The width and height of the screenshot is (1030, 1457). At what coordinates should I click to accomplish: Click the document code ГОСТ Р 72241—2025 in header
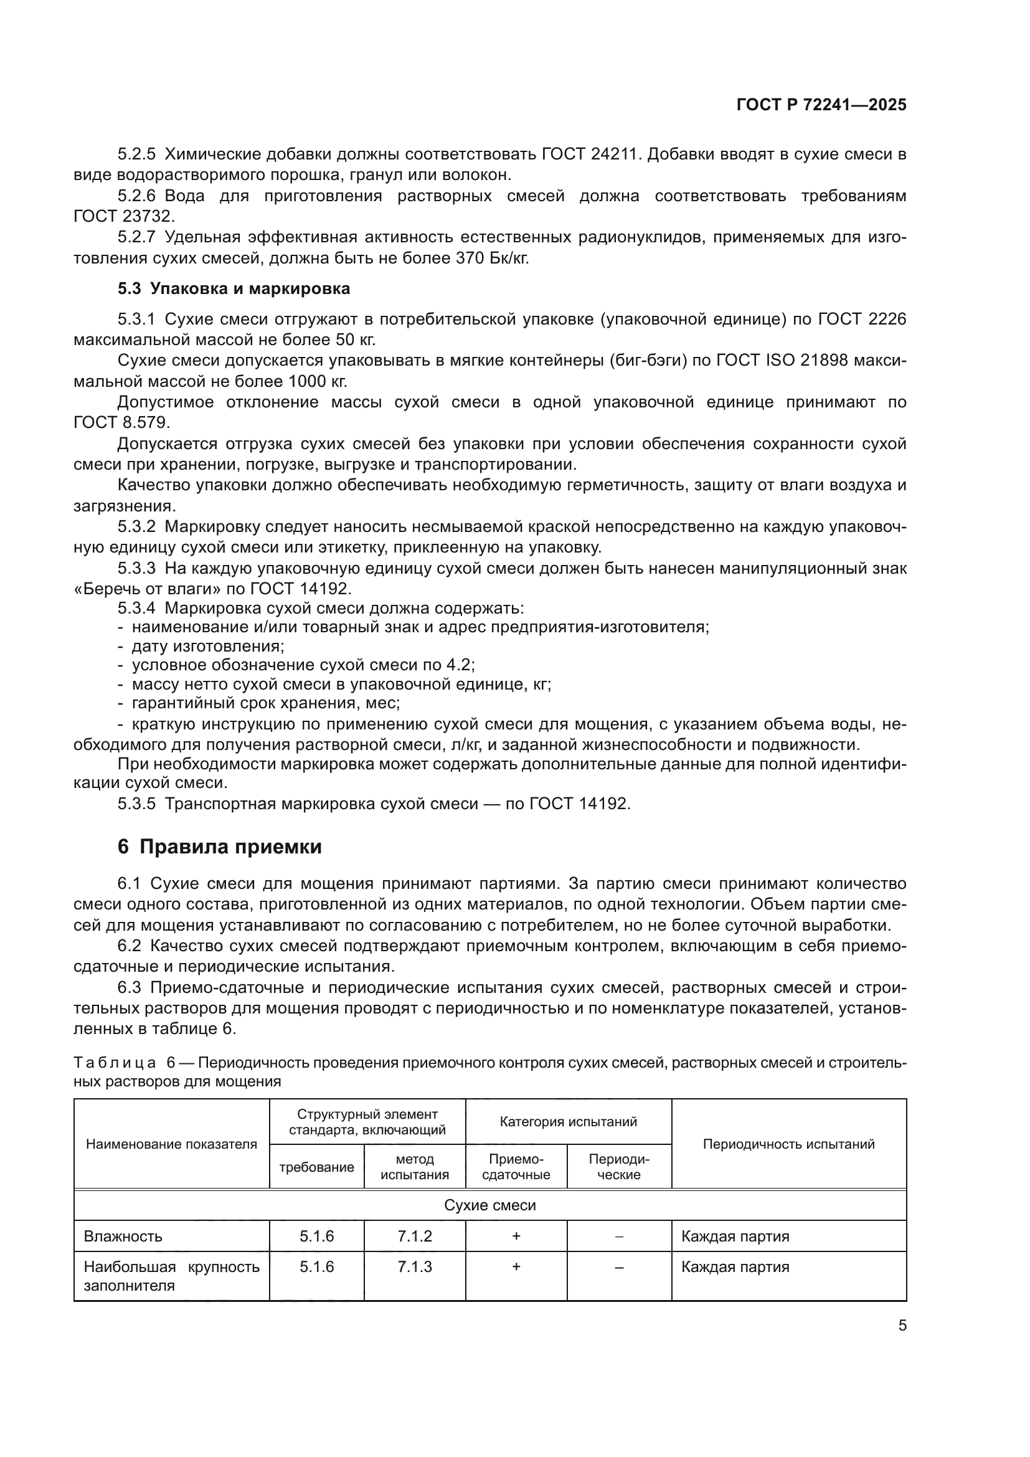[x=821, y=105]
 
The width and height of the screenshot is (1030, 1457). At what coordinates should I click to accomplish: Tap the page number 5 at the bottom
[x=902, y=1326]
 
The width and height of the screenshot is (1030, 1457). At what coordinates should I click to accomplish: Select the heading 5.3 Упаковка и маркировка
[x=234, y=289]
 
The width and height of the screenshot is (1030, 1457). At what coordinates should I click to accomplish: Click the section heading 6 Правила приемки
[x=219, y=847]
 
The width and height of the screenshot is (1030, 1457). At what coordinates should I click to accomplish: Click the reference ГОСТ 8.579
[x=121, y=422]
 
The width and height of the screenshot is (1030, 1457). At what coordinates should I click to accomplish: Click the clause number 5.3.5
[x=136, y=804]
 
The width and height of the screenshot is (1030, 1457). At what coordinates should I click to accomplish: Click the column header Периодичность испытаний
[x=788, y=1144]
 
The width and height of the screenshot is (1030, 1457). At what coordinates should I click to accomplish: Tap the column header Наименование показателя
[x=171, y=1144]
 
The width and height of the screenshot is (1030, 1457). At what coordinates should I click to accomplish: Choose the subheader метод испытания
[x=415, y=1167]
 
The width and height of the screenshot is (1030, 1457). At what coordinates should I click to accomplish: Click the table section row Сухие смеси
[x=489, y=1205]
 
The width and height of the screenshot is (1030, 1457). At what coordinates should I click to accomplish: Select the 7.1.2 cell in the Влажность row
[x=415, y=1236]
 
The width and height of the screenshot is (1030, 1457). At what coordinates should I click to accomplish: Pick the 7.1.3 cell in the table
[x=415, y=1267]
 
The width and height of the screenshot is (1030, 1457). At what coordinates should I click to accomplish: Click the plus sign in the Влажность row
[x=516, y=1236]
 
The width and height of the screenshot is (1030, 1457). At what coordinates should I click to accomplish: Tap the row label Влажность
[x=123, y=1236]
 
